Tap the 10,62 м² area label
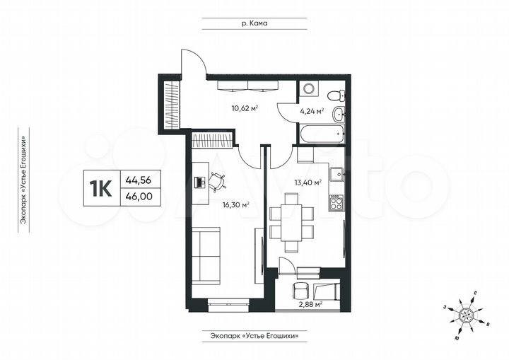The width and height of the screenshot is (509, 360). coord(245,108)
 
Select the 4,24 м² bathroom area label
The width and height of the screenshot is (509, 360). coord(312,110)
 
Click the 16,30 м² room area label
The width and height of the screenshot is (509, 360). coord(235,205)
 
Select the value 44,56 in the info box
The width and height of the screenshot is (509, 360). coord(138,180)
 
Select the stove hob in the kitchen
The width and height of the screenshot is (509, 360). coord(337,203)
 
